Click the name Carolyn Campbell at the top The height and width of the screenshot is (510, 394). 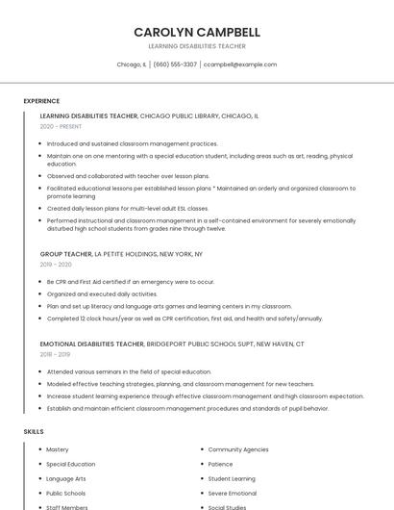(197, 32)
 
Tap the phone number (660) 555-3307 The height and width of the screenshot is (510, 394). (175, 64)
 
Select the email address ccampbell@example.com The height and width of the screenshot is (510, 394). (240, 64)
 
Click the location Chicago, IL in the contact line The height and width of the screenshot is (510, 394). (132, 64)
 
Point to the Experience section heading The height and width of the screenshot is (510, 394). (41, 101)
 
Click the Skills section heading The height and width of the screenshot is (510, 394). (34, 432)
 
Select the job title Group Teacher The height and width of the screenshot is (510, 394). (66, 254)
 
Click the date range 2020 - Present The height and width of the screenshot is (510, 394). (61, 126)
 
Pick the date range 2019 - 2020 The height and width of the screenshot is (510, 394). (56, 265)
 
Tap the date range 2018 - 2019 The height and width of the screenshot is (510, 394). (55, 354)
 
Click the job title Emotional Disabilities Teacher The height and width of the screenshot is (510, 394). (92, 344)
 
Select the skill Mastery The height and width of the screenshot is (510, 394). (58, 449)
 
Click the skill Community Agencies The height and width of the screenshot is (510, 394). (238, 449)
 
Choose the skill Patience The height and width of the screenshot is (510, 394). (220, 464)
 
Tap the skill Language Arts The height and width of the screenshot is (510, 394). (66, 478)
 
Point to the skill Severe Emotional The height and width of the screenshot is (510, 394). (233, 493)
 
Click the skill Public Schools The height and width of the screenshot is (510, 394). (66, 493)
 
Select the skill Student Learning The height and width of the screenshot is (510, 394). (232, 478)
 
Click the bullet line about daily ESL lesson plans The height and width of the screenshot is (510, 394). (128, 208)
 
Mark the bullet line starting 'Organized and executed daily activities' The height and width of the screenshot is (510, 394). (102, 293)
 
